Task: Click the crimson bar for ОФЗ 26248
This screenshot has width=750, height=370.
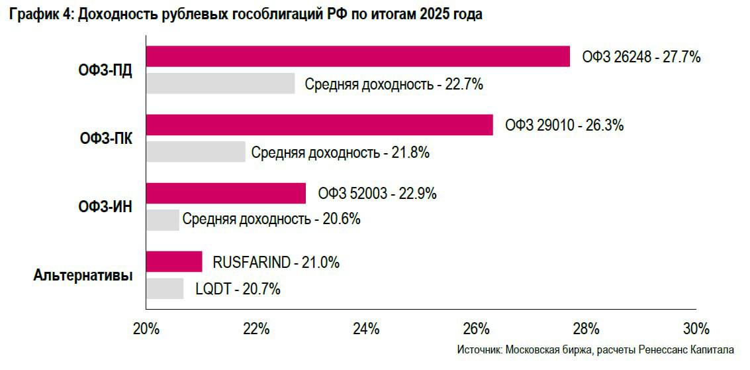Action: [x=357, y=56]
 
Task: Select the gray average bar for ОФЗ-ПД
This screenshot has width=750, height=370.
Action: [x=220, y=84]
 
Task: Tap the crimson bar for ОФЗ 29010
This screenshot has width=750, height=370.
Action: [x=319, y=125]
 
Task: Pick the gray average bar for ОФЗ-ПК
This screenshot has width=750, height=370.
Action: [x=195, y=152]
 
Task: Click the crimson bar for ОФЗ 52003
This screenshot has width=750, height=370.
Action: [x=226, y=194]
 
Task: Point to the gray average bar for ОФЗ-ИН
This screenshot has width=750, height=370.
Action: [x=162, y=220]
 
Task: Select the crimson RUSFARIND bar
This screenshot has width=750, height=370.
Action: [x=174, y=262]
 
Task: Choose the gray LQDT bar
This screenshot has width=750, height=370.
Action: [x=165, y=288]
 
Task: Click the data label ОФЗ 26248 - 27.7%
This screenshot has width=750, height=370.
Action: [x=641, y=57]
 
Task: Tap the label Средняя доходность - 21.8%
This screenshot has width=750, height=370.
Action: [x=340, y=153]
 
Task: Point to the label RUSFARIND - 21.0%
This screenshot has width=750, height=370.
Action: [x=276, y=263]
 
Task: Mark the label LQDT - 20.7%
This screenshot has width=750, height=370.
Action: [x=238, y=289]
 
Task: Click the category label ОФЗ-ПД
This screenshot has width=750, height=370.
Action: [x=105, y=71]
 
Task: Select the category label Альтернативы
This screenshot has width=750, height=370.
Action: [x=83, y=275]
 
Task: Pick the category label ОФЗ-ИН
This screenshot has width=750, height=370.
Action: [x=105, y=207]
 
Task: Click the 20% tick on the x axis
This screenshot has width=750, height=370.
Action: [x=146, y=328]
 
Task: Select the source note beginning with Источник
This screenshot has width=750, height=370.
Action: [x=595, y=349]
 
